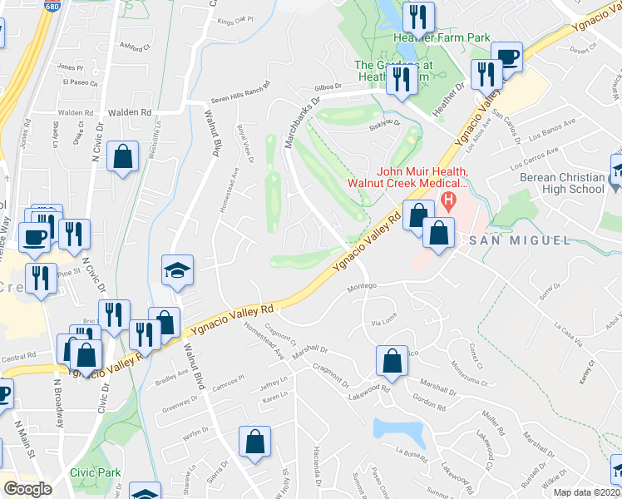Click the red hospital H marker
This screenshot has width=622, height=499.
tap(449, 200)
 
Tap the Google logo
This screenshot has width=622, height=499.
tap(27, 489)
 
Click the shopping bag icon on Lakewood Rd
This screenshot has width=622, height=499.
tap(391, 362)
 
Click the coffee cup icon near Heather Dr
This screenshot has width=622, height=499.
tap(506, 57)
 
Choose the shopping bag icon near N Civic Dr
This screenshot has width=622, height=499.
tap(123, 157)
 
